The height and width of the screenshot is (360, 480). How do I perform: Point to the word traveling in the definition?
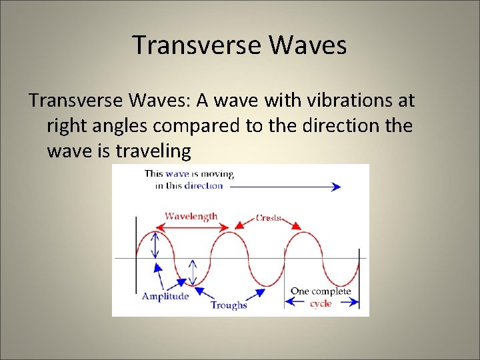click(154, 151)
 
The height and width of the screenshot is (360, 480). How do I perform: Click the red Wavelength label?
click(191, 216)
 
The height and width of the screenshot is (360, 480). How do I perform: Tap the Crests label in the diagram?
click(270, 218)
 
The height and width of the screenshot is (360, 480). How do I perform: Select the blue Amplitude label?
click(165, 296)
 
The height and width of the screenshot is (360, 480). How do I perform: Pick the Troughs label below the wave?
click(229, 305)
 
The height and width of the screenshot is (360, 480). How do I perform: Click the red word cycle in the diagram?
click(321, 303)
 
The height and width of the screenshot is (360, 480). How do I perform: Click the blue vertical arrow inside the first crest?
click(155, 244)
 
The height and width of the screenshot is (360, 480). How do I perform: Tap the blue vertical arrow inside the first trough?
click(193, 271)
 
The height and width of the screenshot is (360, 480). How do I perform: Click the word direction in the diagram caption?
click(203, 185)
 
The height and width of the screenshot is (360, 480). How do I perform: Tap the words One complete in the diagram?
click(321, 292)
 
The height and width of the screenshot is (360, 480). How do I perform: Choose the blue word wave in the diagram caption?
click(177, 173)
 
